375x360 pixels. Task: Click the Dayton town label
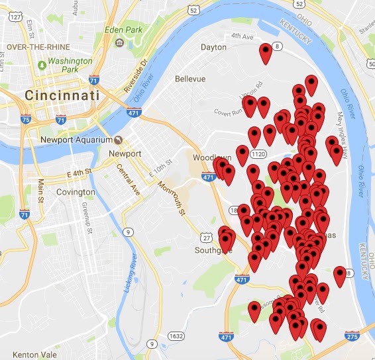click(x=213, y=48)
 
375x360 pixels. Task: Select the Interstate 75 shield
click(x=26, y=120)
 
